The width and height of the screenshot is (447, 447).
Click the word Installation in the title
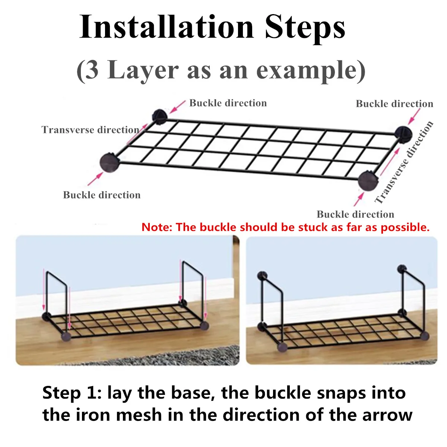coord(167,26)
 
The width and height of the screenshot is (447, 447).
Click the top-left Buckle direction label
coord(228,103)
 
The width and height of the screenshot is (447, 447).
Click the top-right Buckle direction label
coord(394,104)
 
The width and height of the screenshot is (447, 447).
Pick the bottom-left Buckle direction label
coord(102,195)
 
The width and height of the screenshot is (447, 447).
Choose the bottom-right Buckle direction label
coord(355,214)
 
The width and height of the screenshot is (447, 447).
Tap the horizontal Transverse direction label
coord(91,130)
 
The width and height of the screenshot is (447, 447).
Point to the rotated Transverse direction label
coord(404,162)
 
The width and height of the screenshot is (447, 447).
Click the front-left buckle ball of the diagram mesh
coord(110,162)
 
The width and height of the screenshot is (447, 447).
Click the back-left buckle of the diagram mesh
coord(159,117)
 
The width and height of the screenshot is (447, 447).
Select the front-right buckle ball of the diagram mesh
coord(368,181)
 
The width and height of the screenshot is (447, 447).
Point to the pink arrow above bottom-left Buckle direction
coord(95,179)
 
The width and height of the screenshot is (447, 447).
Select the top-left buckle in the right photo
coord(262,275)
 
